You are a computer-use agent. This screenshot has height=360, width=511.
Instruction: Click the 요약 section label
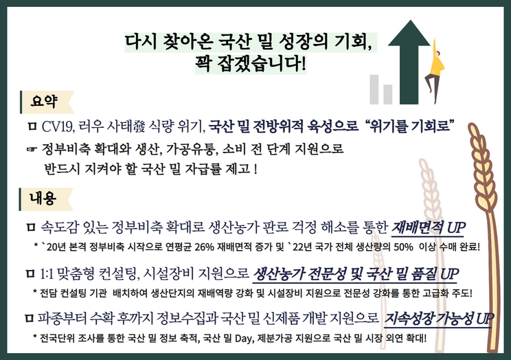click(43, 101)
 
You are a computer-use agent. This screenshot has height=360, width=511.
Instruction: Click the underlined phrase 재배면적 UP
click(429, 227)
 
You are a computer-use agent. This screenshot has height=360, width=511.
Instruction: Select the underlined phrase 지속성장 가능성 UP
click(439, 319)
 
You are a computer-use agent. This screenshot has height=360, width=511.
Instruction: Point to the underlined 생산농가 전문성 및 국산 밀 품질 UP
click(354, 274)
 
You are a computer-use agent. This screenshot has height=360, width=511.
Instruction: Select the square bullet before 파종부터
click(29, 319)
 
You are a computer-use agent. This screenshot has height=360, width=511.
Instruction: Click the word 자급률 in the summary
click(209, 168)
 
